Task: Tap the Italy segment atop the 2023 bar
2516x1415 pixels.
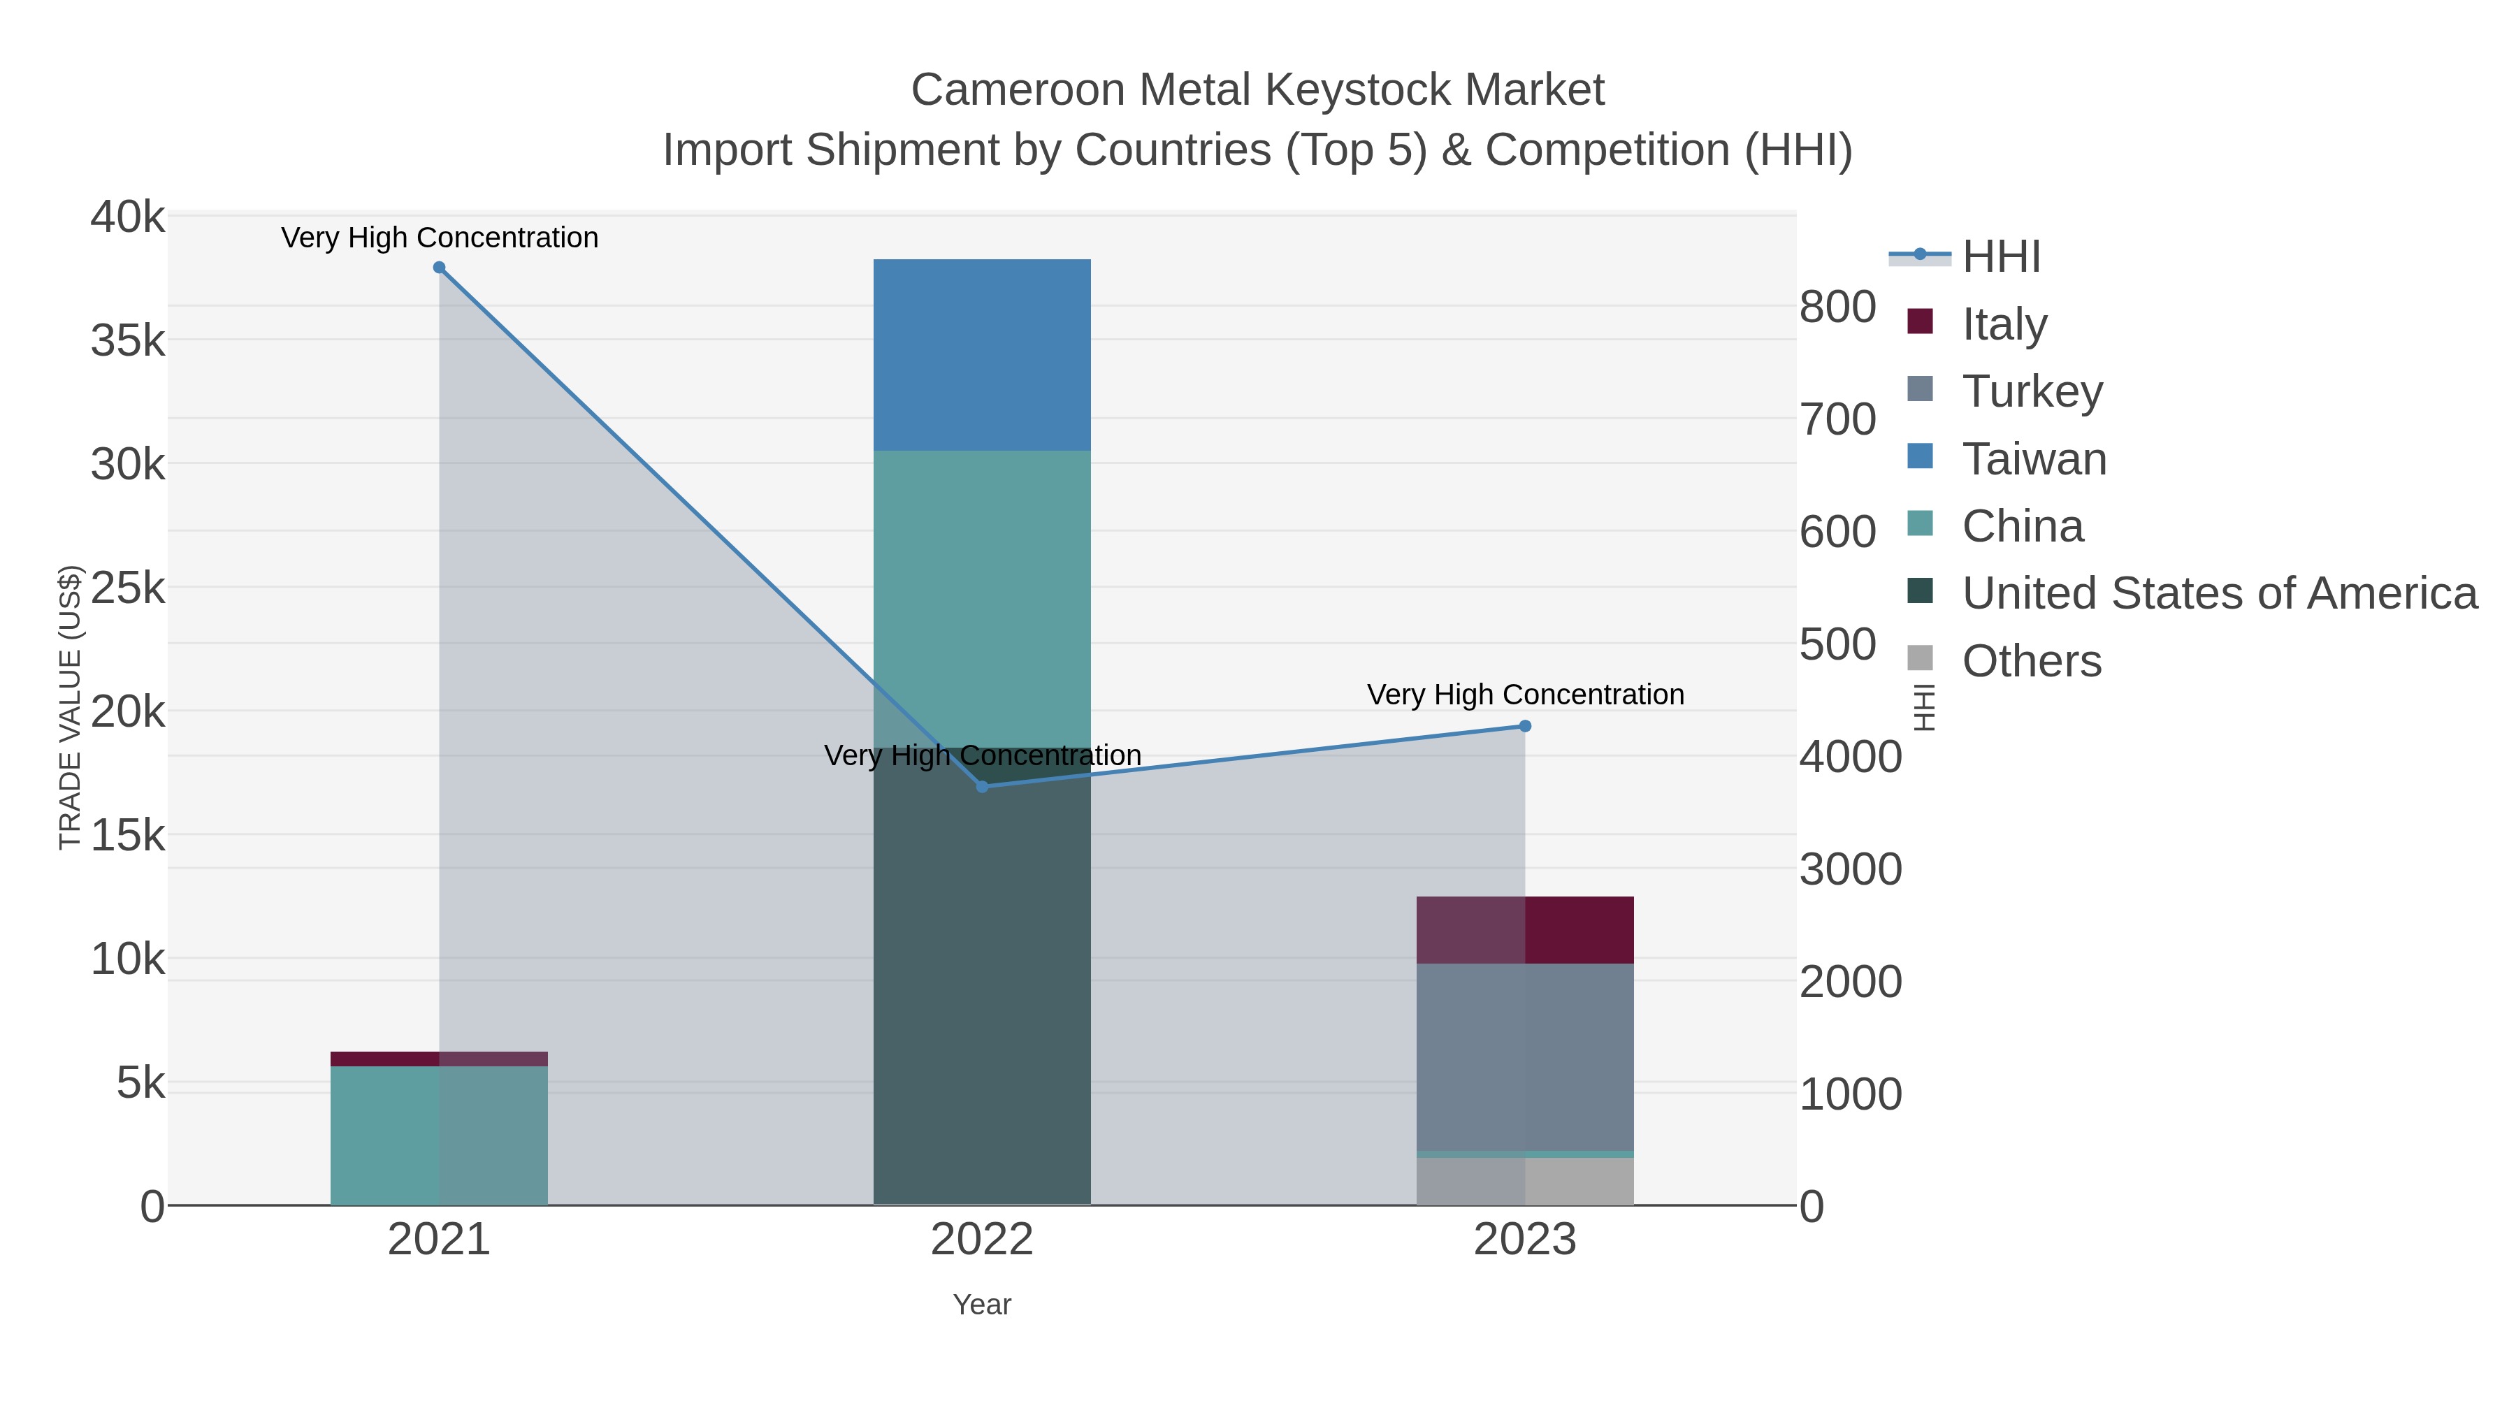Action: (x=1525, y=929)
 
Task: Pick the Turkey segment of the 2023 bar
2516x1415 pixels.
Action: (x=1525, y=1057)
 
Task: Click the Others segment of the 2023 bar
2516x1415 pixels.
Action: (x=1525, y=1182)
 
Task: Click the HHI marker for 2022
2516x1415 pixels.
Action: (x=983, y=786)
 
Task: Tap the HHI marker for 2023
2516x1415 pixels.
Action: (x=1525, y=725)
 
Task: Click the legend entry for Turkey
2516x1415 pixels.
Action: (x=2032, y=391)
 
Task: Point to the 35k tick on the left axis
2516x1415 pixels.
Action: (x=128, y=342)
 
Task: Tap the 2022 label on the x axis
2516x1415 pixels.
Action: (x=982, y=1240)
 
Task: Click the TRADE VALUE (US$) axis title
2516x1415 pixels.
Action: (x=71, y=707)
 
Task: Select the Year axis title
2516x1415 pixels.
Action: (x=982, y=1305)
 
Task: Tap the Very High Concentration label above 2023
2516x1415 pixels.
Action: (x=1525, y=695)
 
